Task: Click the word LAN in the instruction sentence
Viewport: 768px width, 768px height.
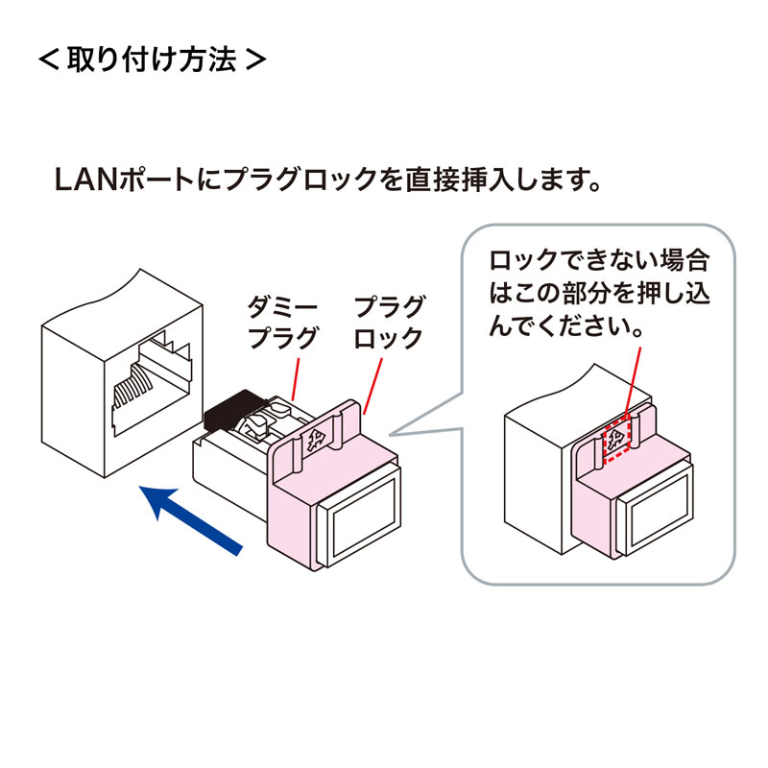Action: click(84, 180)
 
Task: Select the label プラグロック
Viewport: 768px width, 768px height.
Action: click(389, 323)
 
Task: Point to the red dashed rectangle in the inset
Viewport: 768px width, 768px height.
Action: click(619, 441)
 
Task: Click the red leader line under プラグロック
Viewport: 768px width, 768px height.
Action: click(375, 384)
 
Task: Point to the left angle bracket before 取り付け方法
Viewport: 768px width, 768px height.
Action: click(47, 60)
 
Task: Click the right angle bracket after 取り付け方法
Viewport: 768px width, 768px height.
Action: click(255, 60)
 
